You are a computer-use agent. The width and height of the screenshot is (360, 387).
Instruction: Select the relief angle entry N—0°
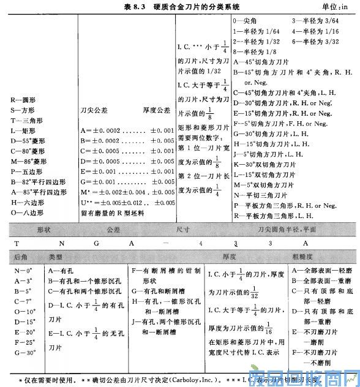coord(21,271)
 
